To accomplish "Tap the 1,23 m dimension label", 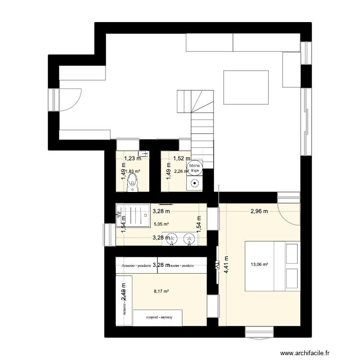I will (133, 158).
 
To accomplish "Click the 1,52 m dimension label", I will (181, 158).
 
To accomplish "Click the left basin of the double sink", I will (175, 238).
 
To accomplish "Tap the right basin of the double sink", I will (191, 238).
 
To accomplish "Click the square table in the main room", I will (246, 87).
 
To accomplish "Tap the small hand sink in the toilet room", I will (146, 154).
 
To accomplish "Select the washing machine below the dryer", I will (195, 183).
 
